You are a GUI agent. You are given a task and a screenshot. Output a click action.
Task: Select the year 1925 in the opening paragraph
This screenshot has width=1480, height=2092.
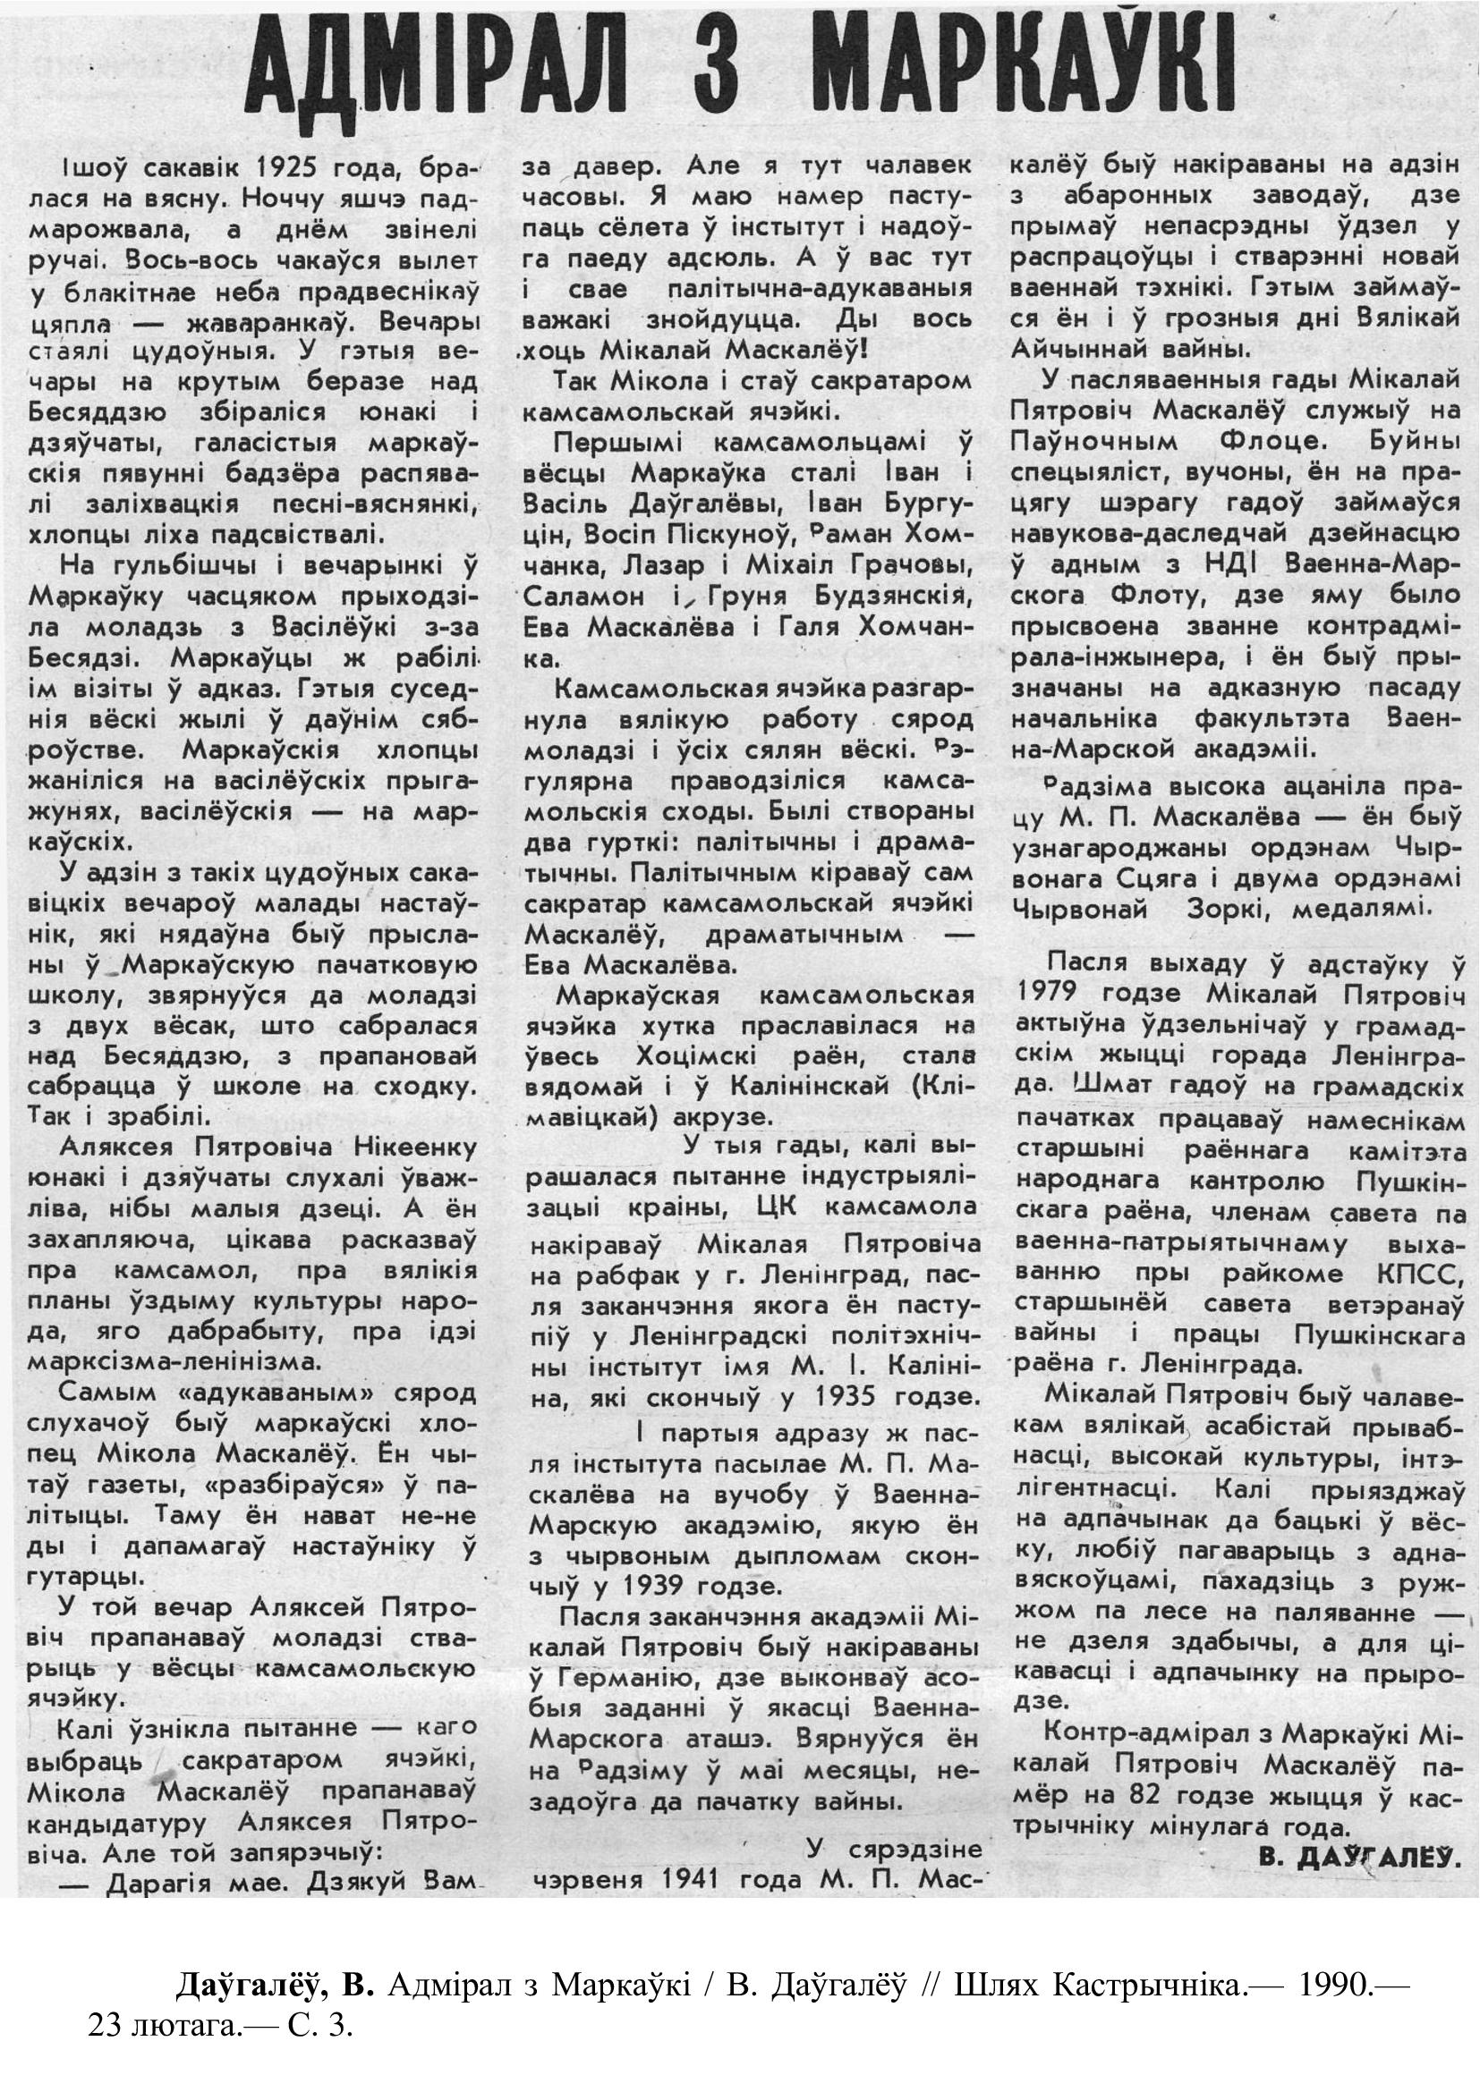pyautogui.click(x=294, y=168)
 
